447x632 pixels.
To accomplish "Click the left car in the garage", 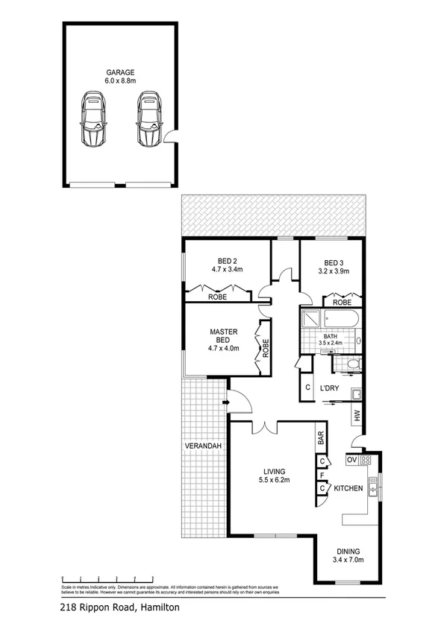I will pyautogui.click(x=94, y=120).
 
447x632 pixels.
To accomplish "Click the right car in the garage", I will pyautogui.click(x=149, y=120).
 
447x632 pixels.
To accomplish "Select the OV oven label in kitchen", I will pyautogui.click(x=352, y=460).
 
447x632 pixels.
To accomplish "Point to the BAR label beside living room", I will pyautogui.click(x=321, y=437).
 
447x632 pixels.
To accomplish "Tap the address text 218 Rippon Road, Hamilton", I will pyautogui.click(x=119, y=607).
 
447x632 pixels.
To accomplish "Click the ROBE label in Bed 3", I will pyautogui.click(x=343, y=303).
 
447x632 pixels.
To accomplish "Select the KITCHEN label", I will pyautogui.click(x=348, y=489).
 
